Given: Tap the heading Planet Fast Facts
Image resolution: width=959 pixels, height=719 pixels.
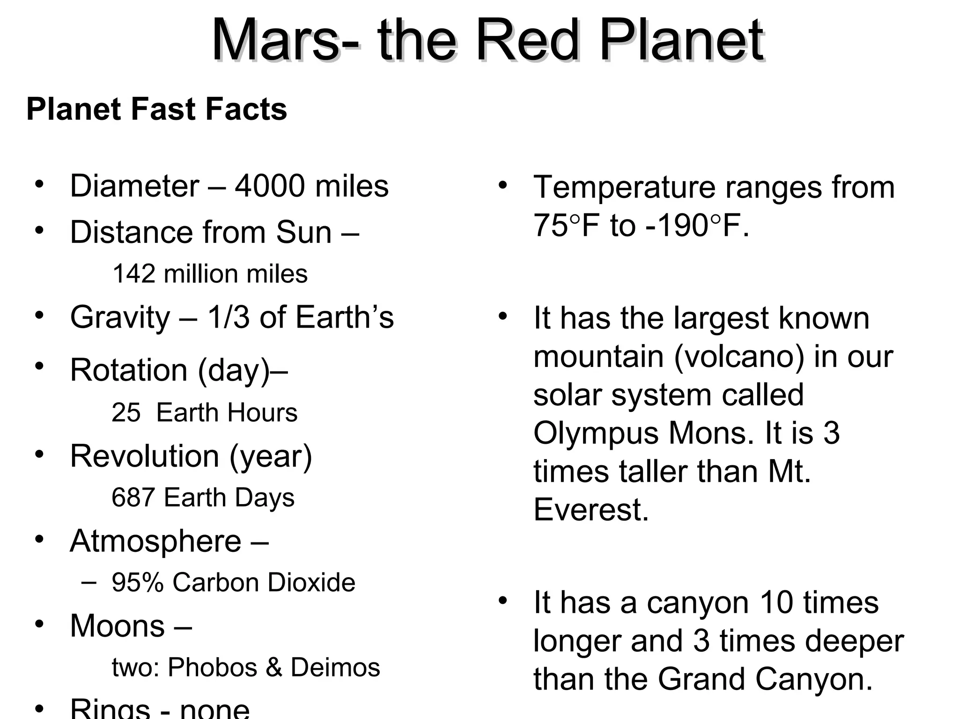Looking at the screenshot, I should [x=156, y=110].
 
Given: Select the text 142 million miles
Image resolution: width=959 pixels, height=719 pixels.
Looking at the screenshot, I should [x=210, y=274].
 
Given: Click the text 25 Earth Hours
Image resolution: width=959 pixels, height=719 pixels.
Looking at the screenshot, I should [x=204, y=413].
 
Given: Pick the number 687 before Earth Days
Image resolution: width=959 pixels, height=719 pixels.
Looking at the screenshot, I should [x=133, y=498].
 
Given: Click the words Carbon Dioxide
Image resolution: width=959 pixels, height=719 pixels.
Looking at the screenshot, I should [x=264, y=583].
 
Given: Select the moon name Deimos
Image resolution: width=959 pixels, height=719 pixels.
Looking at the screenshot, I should [x=335, y=667].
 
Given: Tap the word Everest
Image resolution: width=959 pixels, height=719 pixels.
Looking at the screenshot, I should [x=591, y=510].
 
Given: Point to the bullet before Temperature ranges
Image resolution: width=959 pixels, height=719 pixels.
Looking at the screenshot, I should [x=502, y=184].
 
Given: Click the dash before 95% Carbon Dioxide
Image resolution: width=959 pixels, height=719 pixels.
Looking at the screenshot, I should [x=89, y=582].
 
